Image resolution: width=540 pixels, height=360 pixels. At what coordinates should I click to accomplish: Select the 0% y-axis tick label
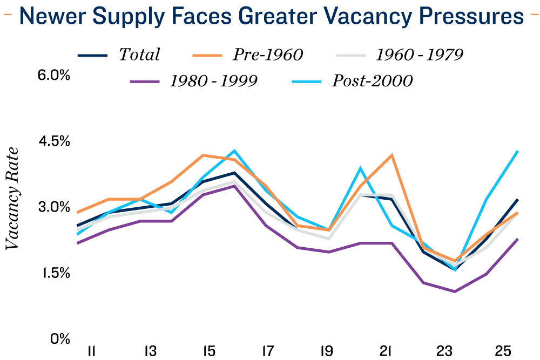coord(59,339)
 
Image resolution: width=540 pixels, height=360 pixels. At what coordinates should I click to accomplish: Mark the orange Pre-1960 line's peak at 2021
coord(391,155)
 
